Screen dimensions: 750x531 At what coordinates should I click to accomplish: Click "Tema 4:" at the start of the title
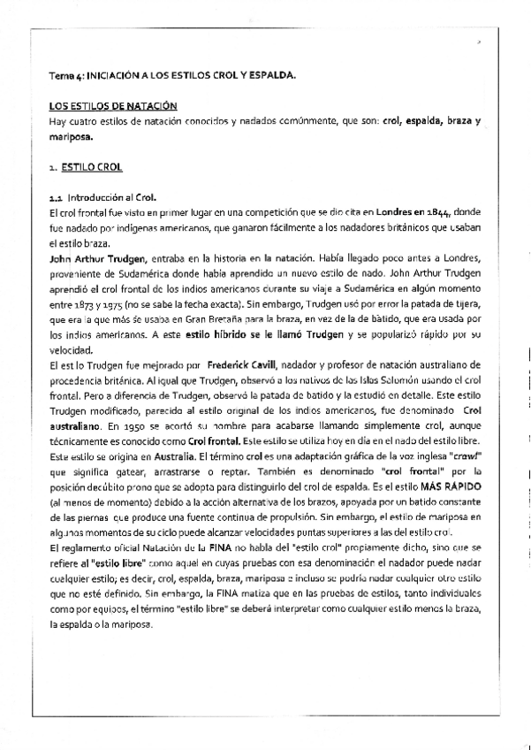64,77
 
